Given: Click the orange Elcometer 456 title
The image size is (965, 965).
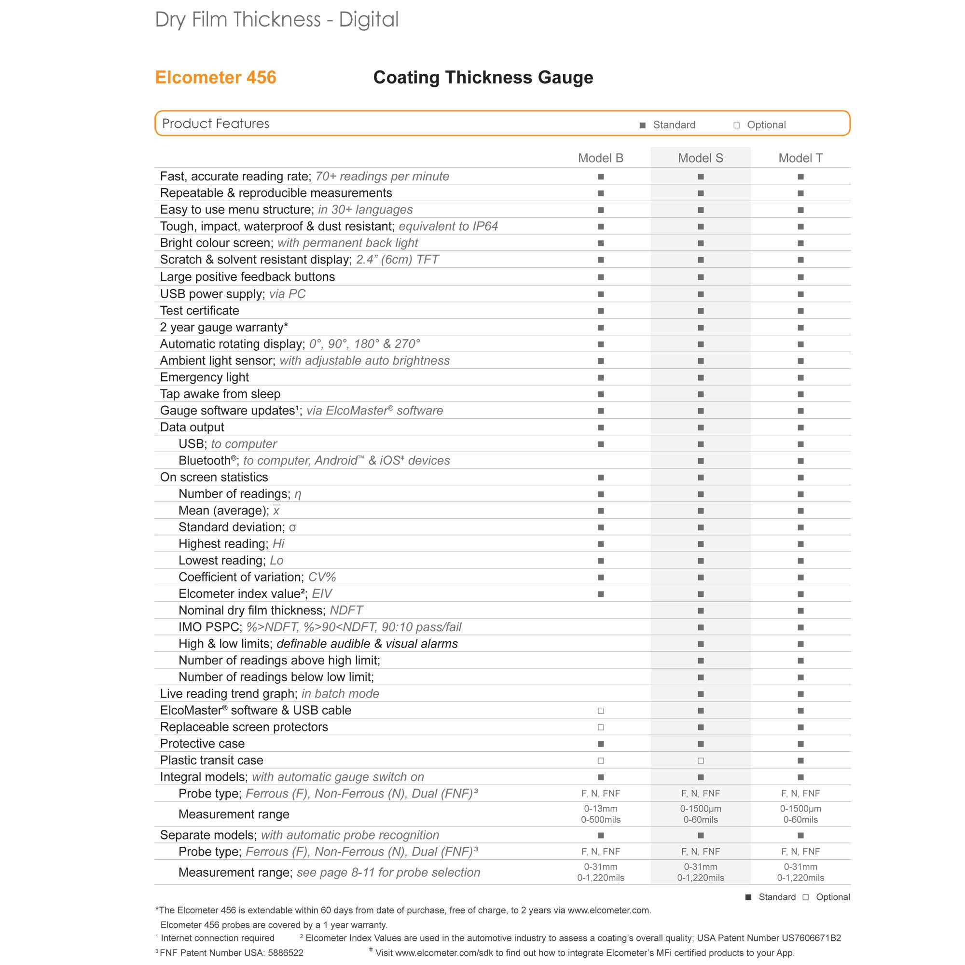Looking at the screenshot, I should click(x=215, y=77).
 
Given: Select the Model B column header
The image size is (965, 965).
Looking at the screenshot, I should click(x=600, y=158).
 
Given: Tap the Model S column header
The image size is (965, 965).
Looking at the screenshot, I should click(x=700, y=158).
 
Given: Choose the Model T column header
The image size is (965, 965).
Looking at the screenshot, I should click(x=800, y=158).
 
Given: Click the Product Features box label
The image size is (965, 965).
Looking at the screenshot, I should click(x=215, y=124).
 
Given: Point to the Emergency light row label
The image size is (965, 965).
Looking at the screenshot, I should click(x=204, y=377).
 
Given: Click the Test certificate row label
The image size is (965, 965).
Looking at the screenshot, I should click(x=199, y=310).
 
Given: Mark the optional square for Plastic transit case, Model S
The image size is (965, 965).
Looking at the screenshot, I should click(x=701, y=760).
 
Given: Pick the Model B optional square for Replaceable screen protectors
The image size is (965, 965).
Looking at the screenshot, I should click(x=601, y=727).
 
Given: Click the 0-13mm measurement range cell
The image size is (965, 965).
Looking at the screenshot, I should click(x=601, y=808).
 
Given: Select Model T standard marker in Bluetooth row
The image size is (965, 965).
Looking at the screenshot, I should click(x=800, y=460).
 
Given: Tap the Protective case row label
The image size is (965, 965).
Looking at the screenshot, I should click(x=202, y=743).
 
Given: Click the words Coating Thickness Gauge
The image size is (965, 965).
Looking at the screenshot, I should click(x=483, y=77).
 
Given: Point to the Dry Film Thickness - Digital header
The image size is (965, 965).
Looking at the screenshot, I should click(x=276, y=19).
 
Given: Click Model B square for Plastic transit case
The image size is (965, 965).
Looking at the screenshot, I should click(x=601, y=760).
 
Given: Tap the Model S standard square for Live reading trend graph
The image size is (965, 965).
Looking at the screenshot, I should click(x=701, y=694).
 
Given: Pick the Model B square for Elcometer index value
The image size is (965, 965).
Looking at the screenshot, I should click(x=601, y=594).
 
